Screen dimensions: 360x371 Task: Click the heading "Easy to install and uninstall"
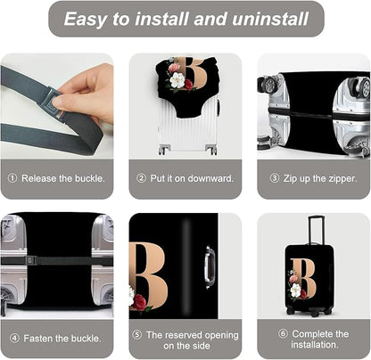(185, 19)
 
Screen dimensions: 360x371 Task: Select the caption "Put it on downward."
(185, 177)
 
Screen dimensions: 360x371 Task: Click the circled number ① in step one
(12, 177)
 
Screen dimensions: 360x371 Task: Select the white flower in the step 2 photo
(177, 80)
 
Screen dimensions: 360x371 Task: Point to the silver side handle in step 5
(210, 265)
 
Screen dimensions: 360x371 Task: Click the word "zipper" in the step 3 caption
(341, 177)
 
